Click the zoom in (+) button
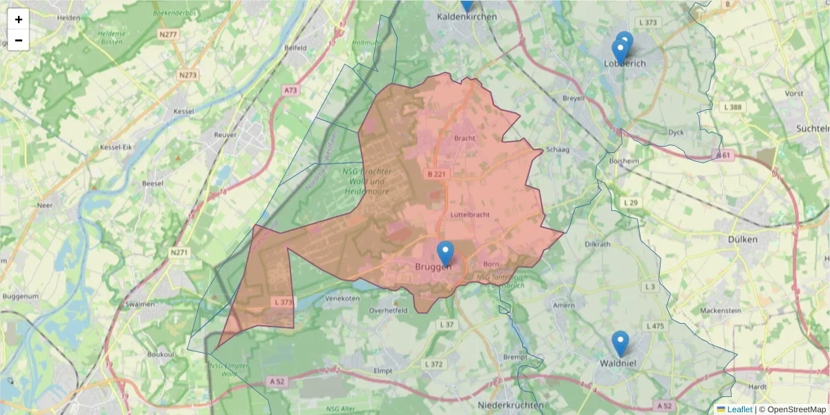pos(19,19)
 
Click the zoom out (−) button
pos(19,40)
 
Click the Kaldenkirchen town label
pos(468,16)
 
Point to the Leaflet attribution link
pos(739,409)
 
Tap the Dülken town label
pos(743,239)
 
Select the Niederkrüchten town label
pos(510,405)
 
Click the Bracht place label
pos(465,138)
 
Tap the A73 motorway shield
pos(290,90)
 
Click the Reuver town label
pos(225,135)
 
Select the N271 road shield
pos(178,253)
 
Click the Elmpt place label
pos(382,371)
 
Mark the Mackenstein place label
pos(720,311)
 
